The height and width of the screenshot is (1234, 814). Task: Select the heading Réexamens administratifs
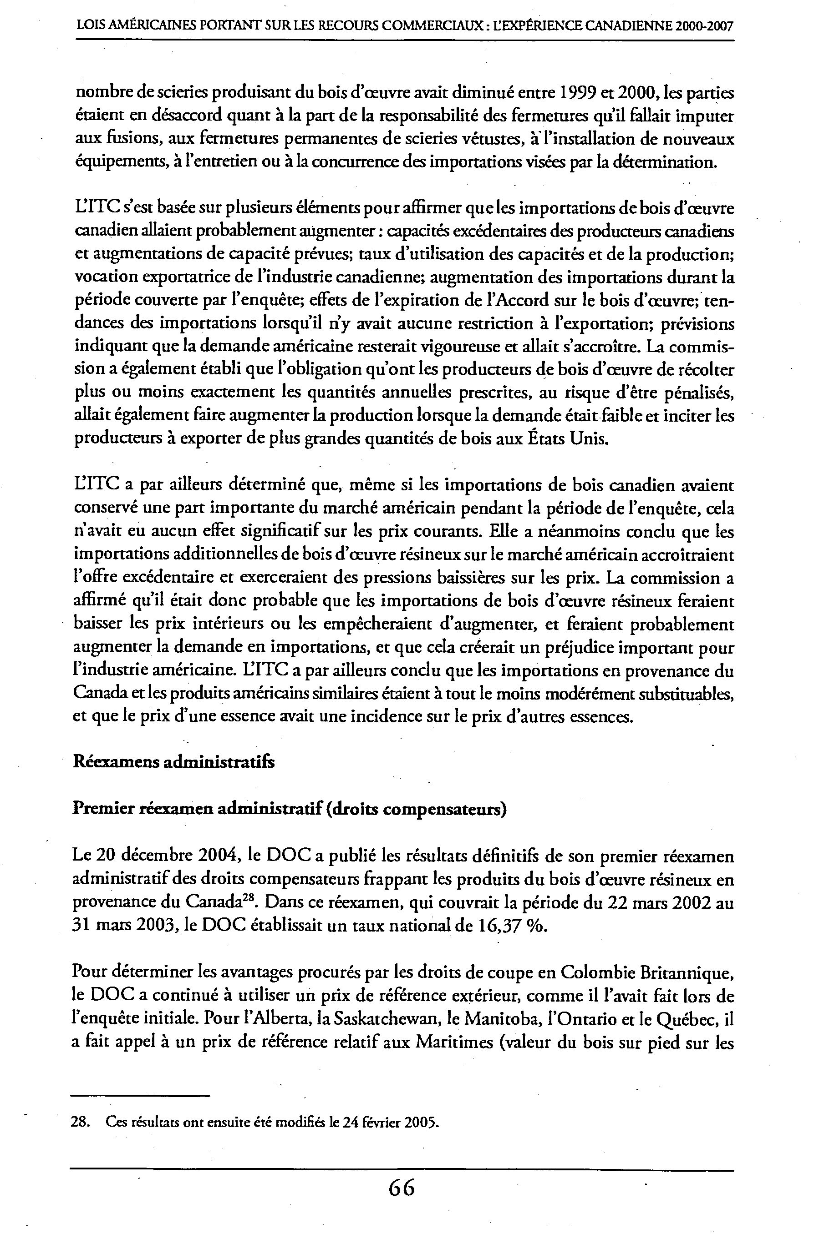(174, 762)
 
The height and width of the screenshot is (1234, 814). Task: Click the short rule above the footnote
(141, 1096)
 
